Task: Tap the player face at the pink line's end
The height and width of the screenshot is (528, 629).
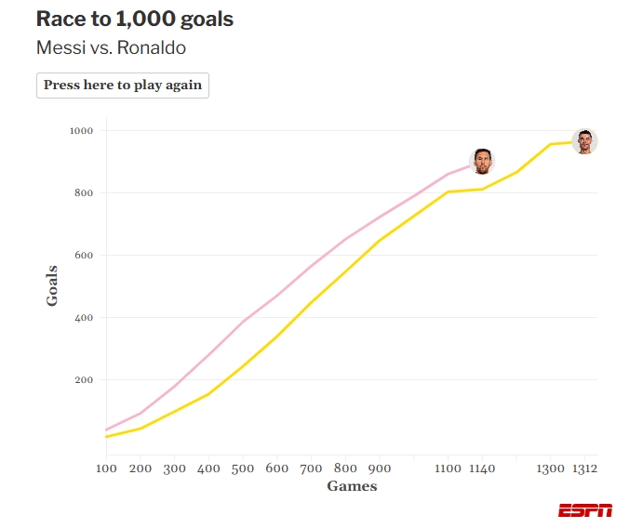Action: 482,161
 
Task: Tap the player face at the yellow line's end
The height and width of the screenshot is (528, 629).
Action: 584,141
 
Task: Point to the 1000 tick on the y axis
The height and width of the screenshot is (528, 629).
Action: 81,131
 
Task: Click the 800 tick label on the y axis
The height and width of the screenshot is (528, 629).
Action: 84,193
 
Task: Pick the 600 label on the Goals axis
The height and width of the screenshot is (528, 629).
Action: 84,256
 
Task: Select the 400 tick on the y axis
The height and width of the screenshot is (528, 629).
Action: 84,318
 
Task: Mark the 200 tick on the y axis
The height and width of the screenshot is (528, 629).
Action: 84,380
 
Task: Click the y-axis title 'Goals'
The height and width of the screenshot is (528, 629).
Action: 52,285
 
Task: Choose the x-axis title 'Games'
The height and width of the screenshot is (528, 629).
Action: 352,486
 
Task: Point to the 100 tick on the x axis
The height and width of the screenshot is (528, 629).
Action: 106,469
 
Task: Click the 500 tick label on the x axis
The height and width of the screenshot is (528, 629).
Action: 243,469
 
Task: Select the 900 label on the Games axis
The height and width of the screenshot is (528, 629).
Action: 380,469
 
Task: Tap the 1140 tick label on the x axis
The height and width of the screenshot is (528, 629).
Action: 482,469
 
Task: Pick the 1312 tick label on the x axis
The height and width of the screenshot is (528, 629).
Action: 584,469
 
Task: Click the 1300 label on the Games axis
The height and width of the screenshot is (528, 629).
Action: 551,469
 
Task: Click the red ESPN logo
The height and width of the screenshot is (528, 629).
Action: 585,510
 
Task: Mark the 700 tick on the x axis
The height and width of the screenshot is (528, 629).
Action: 312,469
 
